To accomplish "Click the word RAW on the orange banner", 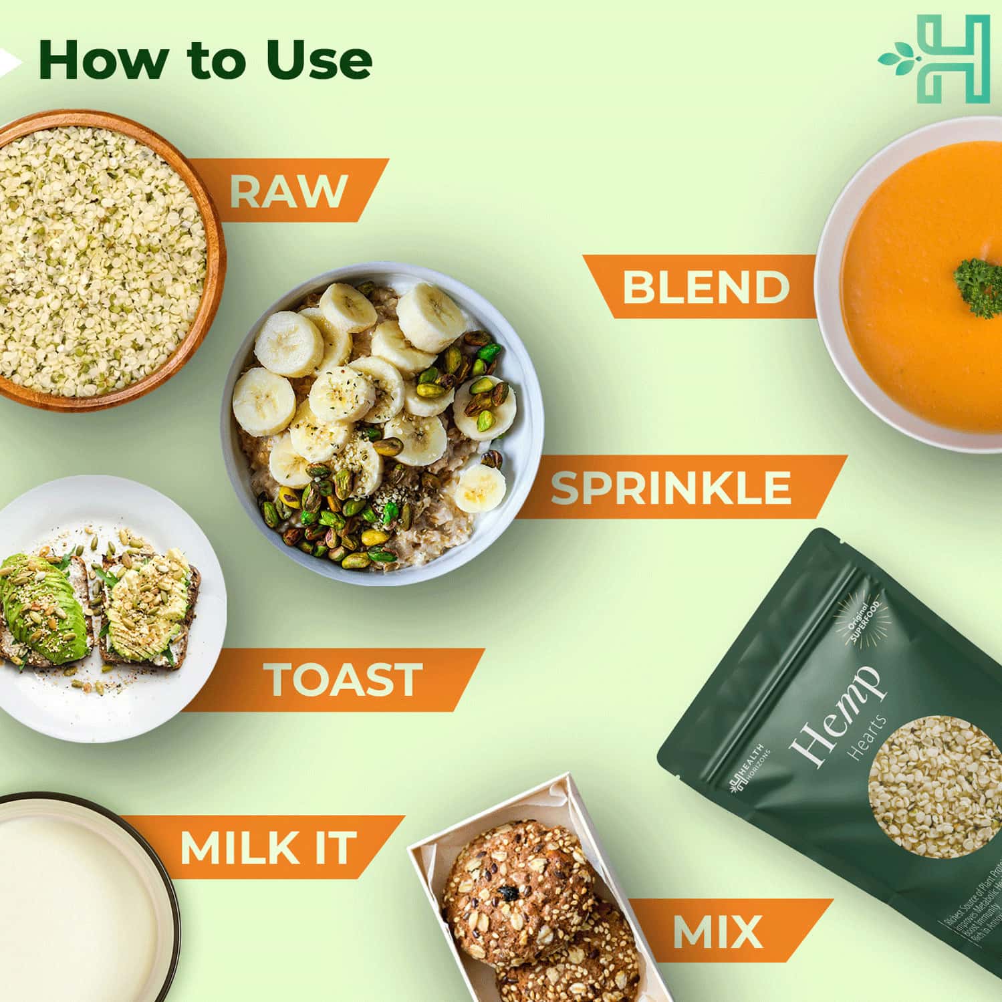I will (288, 191).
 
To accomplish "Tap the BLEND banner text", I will (705, 287).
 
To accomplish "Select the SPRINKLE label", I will (670, 488).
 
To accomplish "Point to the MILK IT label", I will (267, 848).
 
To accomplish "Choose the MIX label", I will (717, 931).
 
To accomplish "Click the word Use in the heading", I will (319, 60).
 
